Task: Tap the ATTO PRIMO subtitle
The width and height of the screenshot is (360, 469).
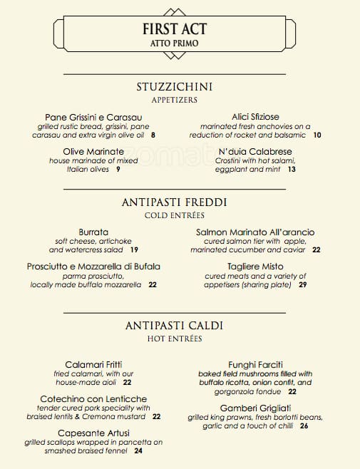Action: [175, 44]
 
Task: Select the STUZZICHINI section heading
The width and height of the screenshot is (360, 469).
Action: [175, 87]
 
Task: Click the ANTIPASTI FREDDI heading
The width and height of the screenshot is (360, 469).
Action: [175, 202]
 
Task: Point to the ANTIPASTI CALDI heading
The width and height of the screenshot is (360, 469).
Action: [175, 325]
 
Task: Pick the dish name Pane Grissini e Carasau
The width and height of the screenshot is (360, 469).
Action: [93, 117]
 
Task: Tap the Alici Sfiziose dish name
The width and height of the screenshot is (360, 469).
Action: [254, 116]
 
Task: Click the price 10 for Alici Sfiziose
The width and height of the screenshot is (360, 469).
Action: [317, 135]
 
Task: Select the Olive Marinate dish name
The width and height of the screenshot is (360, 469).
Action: [93, 152]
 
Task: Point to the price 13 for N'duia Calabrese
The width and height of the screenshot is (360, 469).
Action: [292, 170]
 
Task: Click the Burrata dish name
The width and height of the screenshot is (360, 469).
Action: [93, 232]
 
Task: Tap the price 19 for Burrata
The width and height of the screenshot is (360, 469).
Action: [134, 250]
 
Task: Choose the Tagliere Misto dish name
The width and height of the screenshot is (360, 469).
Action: [254, 267]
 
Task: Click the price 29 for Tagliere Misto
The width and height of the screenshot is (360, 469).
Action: [303, 285]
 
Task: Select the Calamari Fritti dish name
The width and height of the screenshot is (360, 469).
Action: [93, 364]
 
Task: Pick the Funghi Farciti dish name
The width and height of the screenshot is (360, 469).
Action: [254, 364]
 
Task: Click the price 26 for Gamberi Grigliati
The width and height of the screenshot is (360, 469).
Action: [304, 426]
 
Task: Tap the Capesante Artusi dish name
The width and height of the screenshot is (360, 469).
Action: [93, 433]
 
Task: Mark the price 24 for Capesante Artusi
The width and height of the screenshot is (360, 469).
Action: [138, 450]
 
